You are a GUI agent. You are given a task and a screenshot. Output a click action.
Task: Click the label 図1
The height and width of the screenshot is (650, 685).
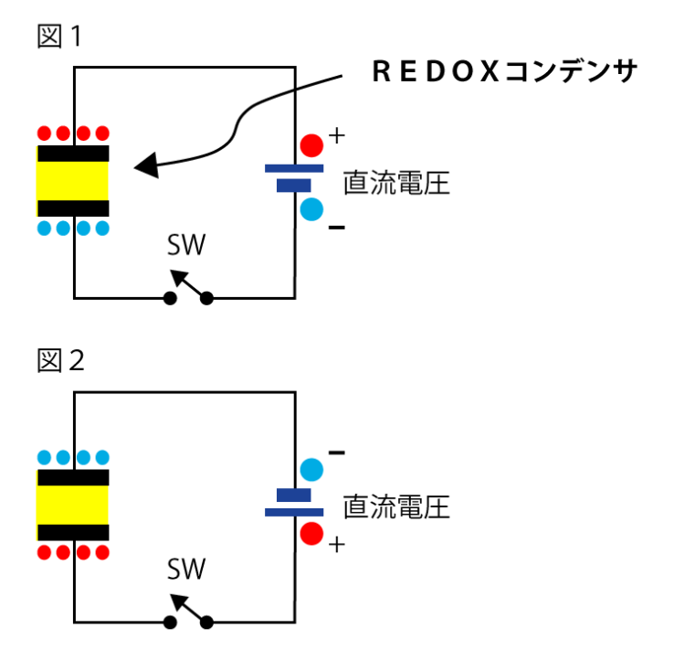point(59,37)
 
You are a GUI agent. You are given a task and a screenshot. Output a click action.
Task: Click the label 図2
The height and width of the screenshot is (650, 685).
point(60,360)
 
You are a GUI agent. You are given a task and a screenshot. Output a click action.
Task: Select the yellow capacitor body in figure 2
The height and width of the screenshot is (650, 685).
point(73,505)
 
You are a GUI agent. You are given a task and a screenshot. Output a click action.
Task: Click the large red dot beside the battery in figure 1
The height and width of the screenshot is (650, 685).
point(312,145)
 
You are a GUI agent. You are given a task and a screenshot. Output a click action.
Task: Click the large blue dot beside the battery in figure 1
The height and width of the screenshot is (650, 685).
point(312,209)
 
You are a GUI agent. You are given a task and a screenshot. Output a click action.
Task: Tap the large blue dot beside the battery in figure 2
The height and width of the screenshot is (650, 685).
point(312,470)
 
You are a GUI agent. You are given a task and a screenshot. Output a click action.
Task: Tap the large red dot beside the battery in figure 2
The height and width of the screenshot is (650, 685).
point(312,534)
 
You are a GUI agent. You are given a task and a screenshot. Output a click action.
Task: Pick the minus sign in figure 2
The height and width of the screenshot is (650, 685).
point(336,452)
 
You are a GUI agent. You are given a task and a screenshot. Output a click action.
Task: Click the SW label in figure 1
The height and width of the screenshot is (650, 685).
point(186,245)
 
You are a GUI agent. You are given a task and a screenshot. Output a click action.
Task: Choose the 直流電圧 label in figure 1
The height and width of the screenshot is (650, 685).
point(396,183)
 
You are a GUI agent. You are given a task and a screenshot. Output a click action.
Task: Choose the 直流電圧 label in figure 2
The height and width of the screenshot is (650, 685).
point(396,506)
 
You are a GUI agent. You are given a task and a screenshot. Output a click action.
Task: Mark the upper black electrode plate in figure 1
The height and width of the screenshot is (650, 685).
point(73,154)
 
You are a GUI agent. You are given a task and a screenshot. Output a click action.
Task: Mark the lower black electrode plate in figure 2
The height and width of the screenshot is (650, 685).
point(73,532)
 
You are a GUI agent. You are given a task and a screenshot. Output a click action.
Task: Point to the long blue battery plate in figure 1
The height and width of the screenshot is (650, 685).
point(294,168)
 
